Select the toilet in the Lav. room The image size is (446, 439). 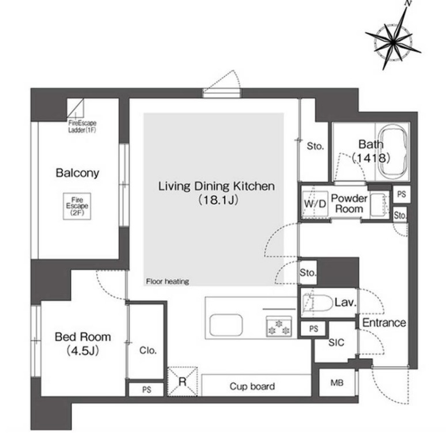point(317,303)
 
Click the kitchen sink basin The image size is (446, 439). point(226,325)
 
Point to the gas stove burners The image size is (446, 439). point(279,327)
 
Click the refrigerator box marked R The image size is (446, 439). point(183,381)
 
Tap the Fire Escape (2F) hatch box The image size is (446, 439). point(77,206)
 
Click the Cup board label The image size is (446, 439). point(252,386)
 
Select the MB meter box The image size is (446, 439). point(337,383)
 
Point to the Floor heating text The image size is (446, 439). point(168,282)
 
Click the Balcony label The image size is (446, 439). point(77,173)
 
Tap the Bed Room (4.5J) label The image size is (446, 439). point(82,343)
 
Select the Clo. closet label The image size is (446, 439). point(148,350)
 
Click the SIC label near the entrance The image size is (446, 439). point(336,342)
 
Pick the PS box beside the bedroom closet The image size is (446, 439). point(146,389)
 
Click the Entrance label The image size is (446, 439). point(384,323)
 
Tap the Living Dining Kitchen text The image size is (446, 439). point(217,186)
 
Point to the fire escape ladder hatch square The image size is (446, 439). point(75,108)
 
